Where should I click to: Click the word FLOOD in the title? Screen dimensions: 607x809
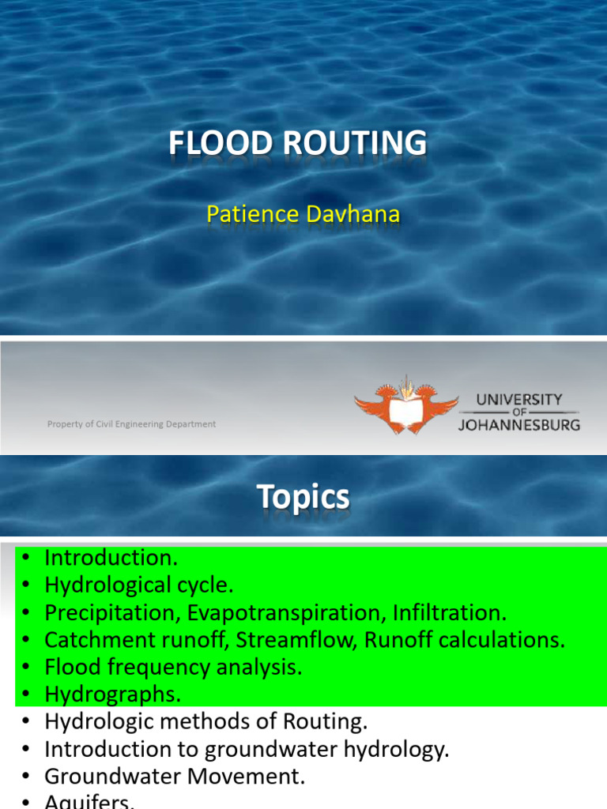(221, 143)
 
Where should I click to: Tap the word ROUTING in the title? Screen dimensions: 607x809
(355, 143)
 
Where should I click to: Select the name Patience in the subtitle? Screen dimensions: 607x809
(253, 214)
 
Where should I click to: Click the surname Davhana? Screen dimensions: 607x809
(353, 214)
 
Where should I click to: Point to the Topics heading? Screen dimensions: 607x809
(303, 497)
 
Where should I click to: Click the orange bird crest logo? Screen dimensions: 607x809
(406, 405)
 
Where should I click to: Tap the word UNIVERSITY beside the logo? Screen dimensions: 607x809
(519, 399)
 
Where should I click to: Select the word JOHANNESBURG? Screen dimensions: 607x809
(519, 425)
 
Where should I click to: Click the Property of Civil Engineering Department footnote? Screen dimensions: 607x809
(132, 424)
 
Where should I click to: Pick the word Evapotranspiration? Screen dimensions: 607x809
(286, 613)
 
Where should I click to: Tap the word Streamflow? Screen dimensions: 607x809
(297, 640)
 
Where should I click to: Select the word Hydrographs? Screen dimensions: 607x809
(113, 694)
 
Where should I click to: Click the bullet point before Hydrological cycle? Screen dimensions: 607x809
(26, 585)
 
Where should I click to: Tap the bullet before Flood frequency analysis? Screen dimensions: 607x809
(26, 667)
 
